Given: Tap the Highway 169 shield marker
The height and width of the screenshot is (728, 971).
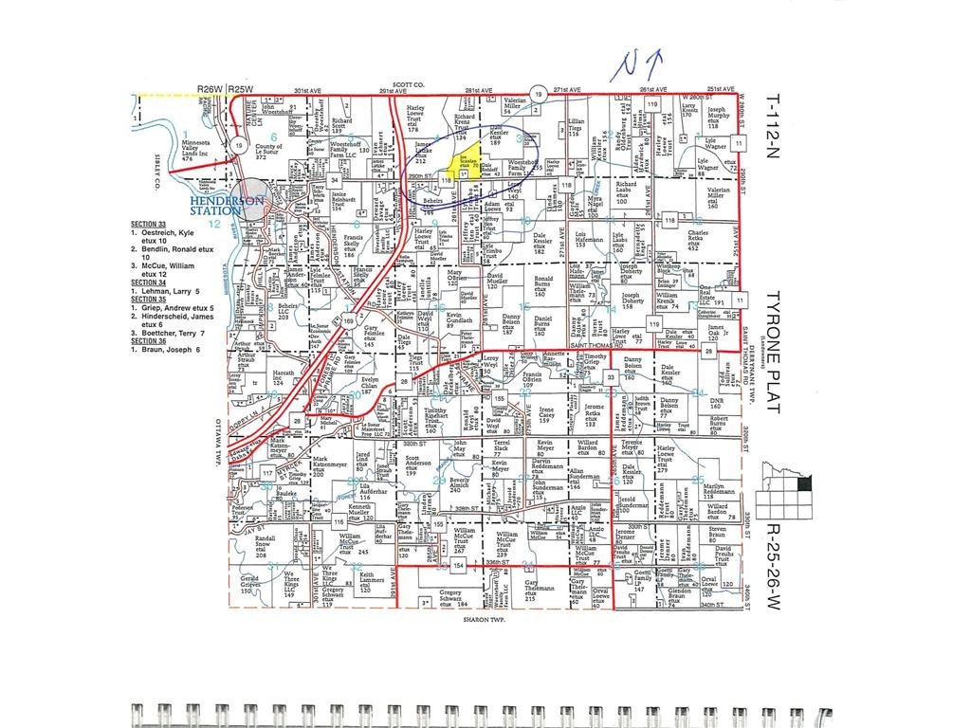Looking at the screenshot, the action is [348, 322].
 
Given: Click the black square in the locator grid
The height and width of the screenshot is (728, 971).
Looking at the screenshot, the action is [805, 483].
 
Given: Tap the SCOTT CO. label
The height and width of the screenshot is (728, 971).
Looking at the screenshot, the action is [413, 85].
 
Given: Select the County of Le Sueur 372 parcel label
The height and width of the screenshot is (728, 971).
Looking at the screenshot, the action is [268, 152].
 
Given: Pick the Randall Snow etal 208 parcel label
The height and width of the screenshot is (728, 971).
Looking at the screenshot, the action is [265, 547].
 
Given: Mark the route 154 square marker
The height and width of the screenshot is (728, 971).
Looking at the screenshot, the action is [459, 566].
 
